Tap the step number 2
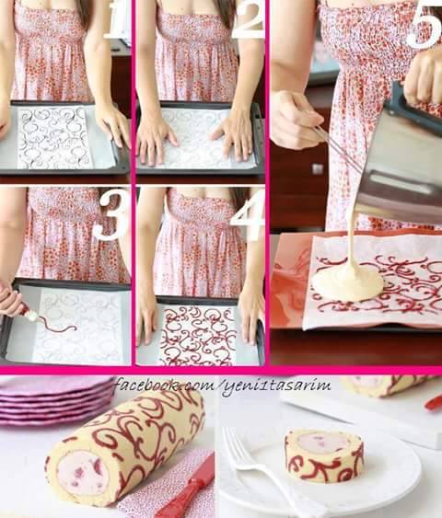249,20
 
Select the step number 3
110,215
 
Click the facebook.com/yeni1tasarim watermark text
223,386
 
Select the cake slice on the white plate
324,455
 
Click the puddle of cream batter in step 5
347,283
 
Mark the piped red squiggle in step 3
60,327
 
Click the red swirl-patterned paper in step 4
198,335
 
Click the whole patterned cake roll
125,446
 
